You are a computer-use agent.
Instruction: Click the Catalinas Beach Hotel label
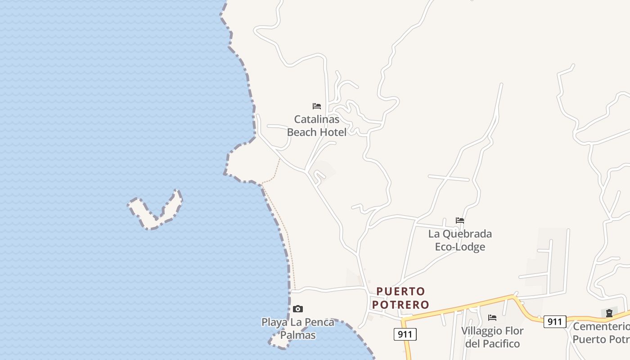pyautogui.click(x=317, y=126)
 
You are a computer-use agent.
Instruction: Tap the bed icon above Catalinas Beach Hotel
pyautogui.click(x=317, y=106)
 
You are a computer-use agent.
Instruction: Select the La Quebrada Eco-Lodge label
pyautogui.click(x=460, y=240)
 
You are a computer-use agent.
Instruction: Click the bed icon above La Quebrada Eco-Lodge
pyautogui.click(x=460, y=220)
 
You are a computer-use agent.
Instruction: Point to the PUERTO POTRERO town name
pyautogui.click(x=400, y=298)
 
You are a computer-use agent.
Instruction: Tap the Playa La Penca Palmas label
pyautogui.click(x=298, y=328)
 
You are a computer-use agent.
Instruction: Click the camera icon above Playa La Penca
pyautogui.click(x=297, y=309)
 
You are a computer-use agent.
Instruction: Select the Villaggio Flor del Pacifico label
pyautogui.click(x=492, y=337)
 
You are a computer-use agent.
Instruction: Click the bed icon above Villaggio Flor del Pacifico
pyautogui.click(x=492, y=318)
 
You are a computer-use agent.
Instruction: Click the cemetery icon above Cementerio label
pyautogui.click(x=609, y=313)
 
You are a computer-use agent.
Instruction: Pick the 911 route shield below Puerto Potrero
pyautogui.click(x=405, y=334)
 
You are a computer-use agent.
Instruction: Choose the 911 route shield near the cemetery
pyautogui.click(x=555, y=321)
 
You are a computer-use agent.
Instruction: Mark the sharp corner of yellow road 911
pyautogui.click(x=403, y=320)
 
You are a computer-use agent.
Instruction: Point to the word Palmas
pyautogui.click(x=298, y=335)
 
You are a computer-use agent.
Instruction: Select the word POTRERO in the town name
pyautogui.click(x=400, y=305)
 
